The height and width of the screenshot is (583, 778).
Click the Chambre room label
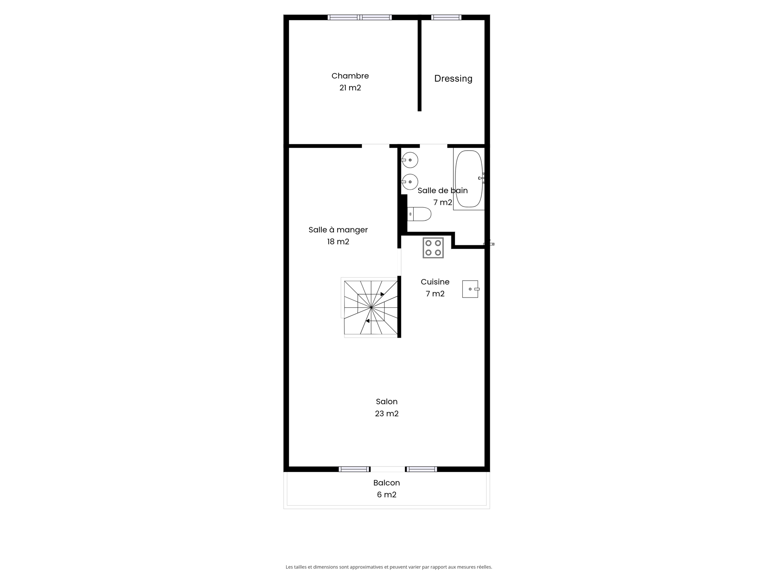350,76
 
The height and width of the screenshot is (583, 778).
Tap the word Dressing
453,79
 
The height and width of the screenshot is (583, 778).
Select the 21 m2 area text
350,88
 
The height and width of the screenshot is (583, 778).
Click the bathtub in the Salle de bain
469,179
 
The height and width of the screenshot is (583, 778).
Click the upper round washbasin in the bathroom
410,160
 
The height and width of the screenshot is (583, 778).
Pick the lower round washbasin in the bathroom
410,182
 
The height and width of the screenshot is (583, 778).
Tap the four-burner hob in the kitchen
433,248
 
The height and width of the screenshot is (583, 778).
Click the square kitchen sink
470,289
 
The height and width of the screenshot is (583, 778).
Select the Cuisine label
435,282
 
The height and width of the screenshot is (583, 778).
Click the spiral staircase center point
371,308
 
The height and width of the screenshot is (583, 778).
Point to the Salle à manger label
338,230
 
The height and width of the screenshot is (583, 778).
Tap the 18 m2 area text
338,242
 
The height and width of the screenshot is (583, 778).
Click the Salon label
387,402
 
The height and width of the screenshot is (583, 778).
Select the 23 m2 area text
387,414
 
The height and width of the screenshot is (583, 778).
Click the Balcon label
387,483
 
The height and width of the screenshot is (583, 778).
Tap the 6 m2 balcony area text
387,495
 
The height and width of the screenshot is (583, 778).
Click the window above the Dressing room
446,17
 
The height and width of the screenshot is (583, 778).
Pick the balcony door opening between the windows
388,469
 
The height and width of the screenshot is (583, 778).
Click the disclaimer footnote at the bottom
389,567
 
